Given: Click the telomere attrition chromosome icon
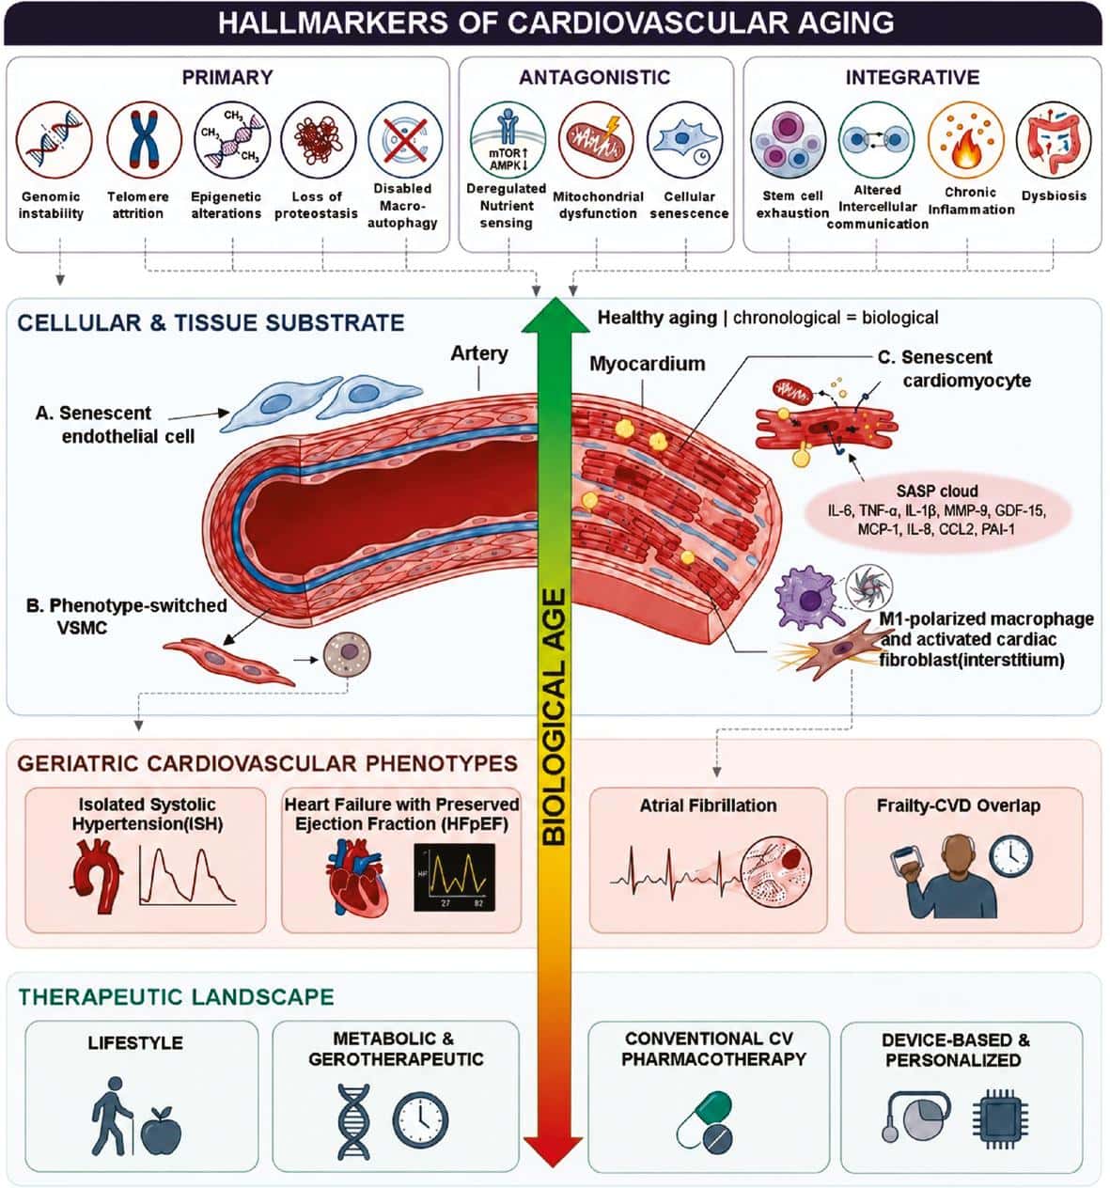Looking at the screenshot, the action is point(144,139).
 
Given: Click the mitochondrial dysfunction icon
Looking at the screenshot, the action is point(595,141).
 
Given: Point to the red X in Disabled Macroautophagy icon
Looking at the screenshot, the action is point(404,139).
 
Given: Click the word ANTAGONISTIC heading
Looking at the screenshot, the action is point(594,77).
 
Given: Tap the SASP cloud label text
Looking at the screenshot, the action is point(936,492).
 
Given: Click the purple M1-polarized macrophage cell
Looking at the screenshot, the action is point(806,598).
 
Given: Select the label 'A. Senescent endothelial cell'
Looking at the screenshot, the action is point(115,424).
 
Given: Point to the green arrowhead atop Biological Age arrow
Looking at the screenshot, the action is point(555,315).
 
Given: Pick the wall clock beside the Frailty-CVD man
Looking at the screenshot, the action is point(1010,856).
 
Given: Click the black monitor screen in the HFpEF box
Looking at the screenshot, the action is point(454,877).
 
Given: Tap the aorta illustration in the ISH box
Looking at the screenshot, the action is point(97,875).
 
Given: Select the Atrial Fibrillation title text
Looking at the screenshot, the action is point(708,805).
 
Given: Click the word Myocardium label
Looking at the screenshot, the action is point(647,364).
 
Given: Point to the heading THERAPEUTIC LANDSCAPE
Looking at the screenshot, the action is point(177,996).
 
